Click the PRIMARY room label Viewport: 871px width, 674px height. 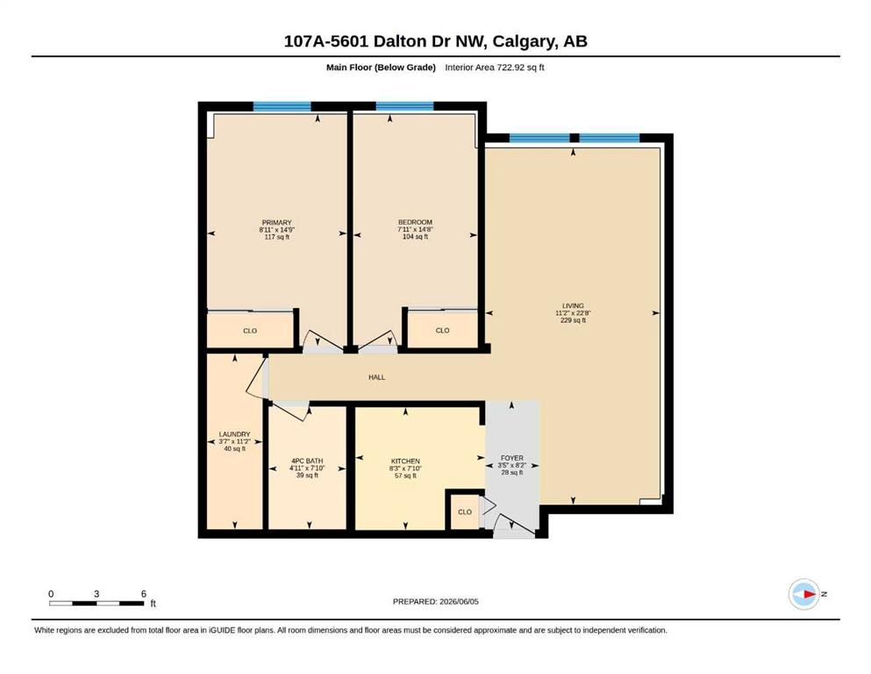(276, 222)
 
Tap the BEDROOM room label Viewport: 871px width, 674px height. (415, 222)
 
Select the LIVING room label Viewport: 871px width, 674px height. (573, 305)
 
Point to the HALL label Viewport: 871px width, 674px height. (376, 376)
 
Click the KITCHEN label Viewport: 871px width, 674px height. (405, 462)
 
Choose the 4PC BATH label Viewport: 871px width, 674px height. (307, 461)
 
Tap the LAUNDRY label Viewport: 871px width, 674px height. (234, 434)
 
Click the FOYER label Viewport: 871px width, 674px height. (511, 458)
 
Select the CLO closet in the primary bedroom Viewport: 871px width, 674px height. (250, 331)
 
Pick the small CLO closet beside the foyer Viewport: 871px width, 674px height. (465, 512)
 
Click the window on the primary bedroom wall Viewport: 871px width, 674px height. (282, 107)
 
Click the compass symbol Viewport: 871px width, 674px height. (804, 594)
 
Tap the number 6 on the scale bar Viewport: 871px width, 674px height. (143, 593)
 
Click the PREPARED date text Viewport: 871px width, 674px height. (435, 601)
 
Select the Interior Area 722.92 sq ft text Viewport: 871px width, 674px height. (495, 68)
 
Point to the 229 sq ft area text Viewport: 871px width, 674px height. (574, 320)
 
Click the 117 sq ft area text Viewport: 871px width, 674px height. (276, 237)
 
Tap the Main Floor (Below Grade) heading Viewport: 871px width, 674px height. (381, 68)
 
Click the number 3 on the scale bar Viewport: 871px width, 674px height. (96, 593)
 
